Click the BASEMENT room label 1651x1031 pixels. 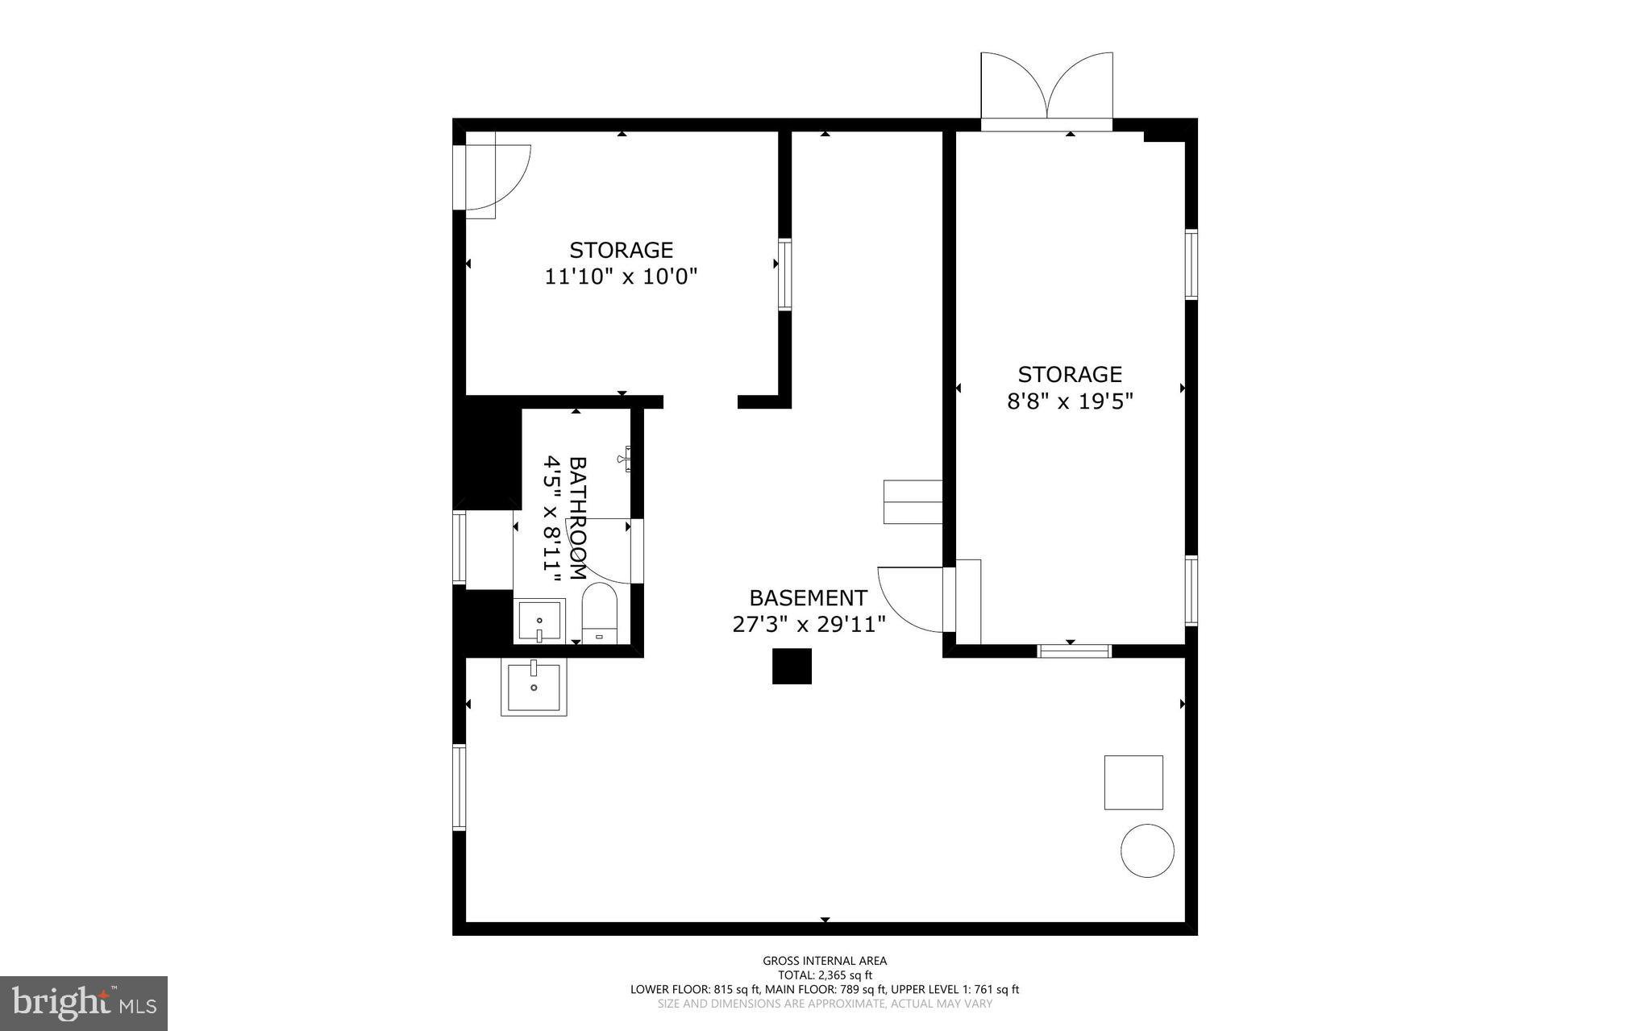click(808, 598)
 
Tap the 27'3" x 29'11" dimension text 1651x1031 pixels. click(809, 625)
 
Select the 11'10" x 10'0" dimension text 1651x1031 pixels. click(621, 277)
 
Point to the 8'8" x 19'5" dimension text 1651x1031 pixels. click(1070, 401)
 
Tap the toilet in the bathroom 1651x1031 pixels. click(599, 615)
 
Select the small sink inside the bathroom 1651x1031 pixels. click(539, 622)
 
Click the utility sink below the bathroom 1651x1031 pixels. click(534, 687)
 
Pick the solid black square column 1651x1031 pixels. click(792, 667)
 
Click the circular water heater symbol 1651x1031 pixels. click(1147, 850)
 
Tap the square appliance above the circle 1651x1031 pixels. click(1133, 782)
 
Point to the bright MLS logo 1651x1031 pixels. click(84, 1003)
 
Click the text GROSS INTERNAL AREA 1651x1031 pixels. click(825, 960)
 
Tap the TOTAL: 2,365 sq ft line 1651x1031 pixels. click(825, 975)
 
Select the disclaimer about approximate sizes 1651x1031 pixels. click(825, 1004)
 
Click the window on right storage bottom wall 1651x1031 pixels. click(1074, 651)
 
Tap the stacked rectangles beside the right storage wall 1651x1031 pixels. click(913, 501)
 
